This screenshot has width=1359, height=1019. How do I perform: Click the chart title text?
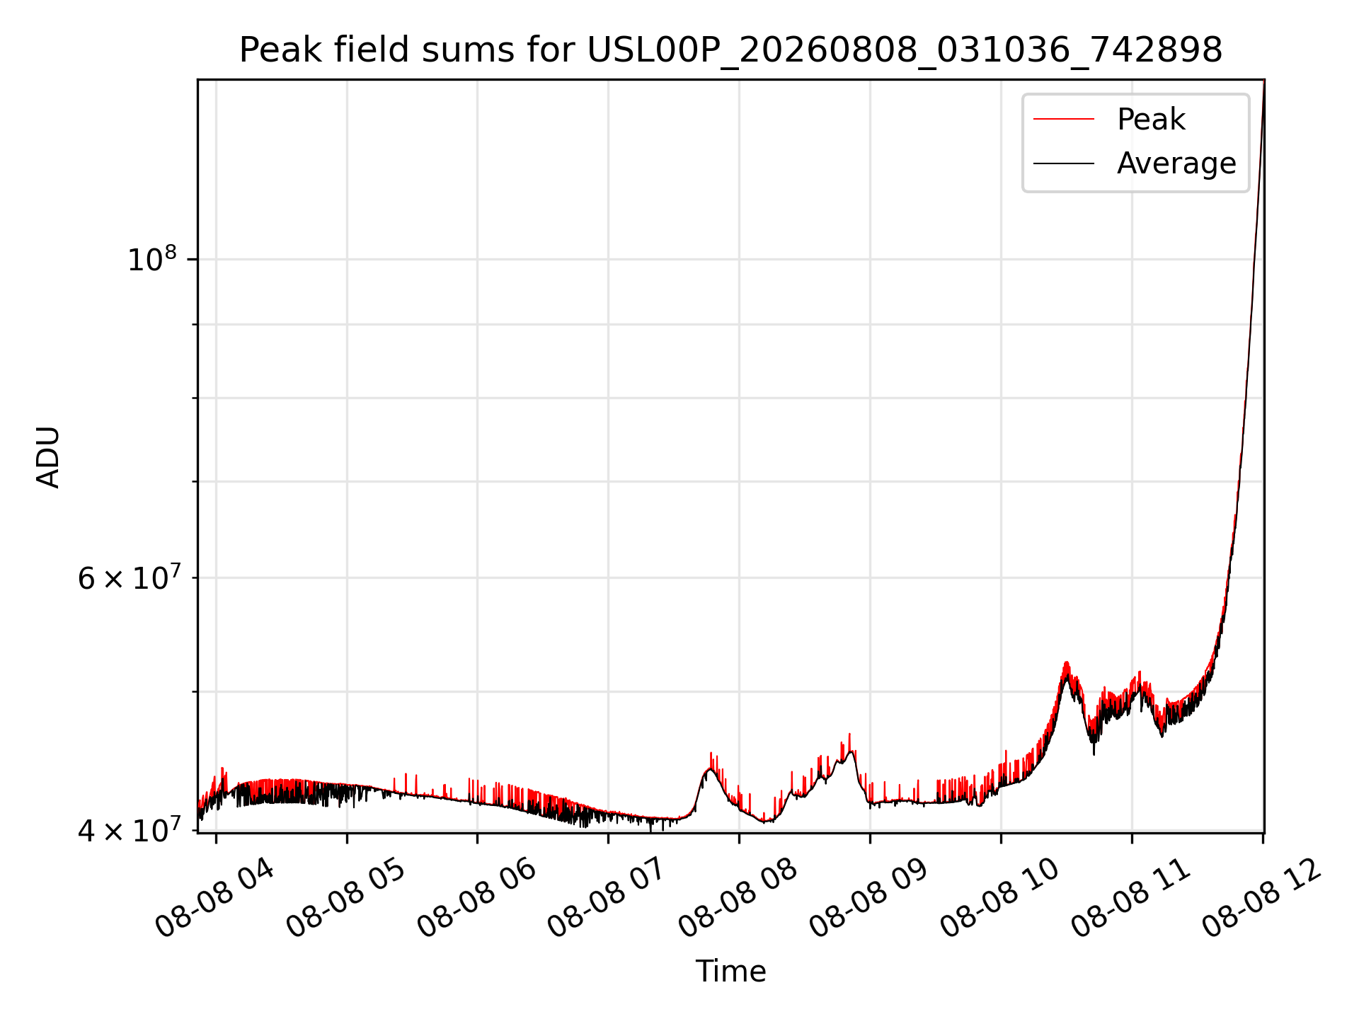coord(730,50)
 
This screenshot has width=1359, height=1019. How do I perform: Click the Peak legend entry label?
coord(1151,120)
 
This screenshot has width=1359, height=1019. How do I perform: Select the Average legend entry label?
coord(1176,163)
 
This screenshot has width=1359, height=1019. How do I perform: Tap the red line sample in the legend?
coord(1064,120)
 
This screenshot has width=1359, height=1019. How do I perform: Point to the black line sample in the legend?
coord(1064,163)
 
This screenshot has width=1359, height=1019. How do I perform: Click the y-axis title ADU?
coord(48,457)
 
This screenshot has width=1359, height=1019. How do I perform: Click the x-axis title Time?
coord(730,972)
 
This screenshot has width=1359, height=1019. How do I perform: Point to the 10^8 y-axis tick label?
coord(151,260)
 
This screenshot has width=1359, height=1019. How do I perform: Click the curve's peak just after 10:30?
coord(1066,662)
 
